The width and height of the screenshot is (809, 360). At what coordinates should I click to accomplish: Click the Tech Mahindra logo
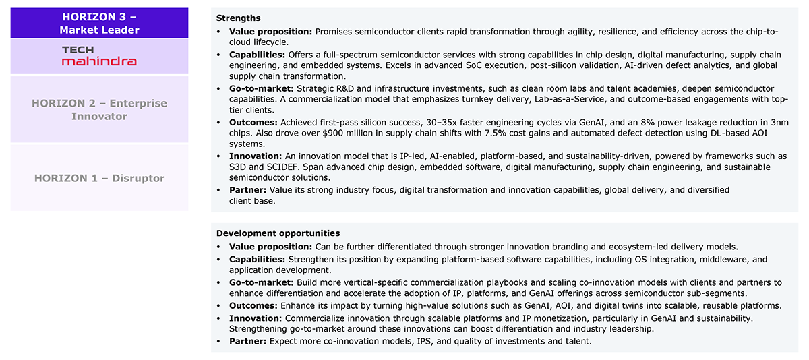point(99,56)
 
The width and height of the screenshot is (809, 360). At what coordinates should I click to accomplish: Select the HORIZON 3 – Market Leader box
point(99,23)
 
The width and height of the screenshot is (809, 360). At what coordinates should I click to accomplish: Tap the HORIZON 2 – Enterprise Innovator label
point(99,110)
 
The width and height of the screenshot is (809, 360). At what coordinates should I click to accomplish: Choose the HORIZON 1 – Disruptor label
point(99,178)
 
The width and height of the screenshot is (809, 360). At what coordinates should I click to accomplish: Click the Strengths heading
point(238,18)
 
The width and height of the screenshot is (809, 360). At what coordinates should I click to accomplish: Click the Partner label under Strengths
point(247,190)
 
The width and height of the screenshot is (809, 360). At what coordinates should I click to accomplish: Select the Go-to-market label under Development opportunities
point(259,282)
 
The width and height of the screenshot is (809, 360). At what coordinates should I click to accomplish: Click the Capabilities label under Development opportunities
point(257,260)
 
